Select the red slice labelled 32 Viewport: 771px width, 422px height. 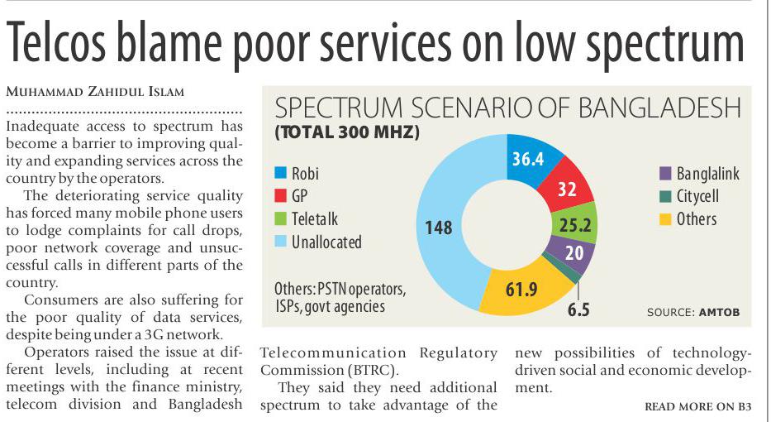pos(566,189)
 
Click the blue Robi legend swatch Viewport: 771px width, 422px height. pos(281,174)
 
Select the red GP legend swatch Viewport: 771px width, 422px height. pos(281,196)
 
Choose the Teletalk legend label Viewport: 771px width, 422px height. pos(315,218)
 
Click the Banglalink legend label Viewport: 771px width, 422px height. pos(707,174)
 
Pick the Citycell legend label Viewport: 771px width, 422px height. pos(697,196)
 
